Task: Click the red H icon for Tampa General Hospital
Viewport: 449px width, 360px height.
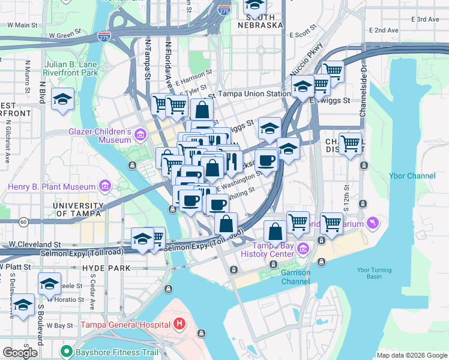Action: click(x=179, y=325)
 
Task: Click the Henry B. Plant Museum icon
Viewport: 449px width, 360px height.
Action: click(x=106, y=187)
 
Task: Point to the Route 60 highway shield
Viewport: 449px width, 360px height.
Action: click(x=23, y=222)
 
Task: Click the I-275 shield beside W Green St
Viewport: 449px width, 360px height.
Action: click(x=104, y=37)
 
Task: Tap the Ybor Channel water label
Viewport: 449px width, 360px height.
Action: click(x=416, y=176)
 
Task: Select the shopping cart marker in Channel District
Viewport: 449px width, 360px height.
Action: click(x=351, y=143)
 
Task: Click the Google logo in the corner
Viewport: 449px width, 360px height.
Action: click(x=20, y=352)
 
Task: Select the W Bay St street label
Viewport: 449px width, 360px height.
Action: click(x=59, y=325)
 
